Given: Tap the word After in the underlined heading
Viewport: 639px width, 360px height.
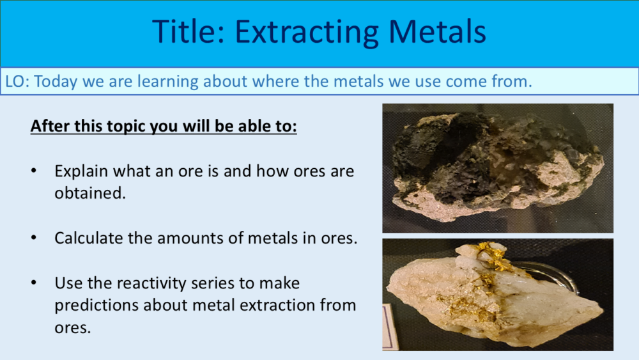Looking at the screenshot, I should click(x=47, y=126).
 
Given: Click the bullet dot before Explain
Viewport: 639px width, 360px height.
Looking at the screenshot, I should click(x=34, y=172).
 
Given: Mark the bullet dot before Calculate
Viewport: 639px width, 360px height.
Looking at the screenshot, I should click(x=34, y=239).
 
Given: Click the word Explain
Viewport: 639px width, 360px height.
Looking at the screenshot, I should click(x=81, y=172).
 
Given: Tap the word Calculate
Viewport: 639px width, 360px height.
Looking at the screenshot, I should click(x=85, y=239).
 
